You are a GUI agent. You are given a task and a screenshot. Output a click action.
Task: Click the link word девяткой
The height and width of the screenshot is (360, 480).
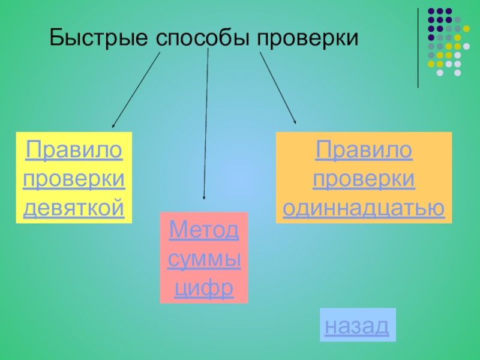(74, 208)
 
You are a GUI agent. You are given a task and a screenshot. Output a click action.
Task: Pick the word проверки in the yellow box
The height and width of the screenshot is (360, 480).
(74, 178)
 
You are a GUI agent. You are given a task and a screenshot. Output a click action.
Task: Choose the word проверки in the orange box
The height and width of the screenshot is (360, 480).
(364, 178)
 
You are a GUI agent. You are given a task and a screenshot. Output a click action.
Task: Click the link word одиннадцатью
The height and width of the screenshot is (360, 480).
(364, 208)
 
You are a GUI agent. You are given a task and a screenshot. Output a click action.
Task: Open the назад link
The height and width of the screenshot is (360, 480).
(357, 326)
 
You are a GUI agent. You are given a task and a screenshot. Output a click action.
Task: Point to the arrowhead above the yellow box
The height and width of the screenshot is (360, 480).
(113, 126)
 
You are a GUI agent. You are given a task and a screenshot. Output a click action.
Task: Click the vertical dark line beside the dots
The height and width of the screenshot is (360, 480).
(418, 48)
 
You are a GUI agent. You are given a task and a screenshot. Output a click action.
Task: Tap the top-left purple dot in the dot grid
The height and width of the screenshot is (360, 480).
(431, 11)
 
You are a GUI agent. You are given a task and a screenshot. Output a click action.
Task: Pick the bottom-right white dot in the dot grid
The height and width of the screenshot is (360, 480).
(458, 73)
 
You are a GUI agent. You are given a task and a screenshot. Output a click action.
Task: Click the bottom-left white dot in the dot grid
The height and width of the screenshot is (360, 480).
(440, 73)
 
